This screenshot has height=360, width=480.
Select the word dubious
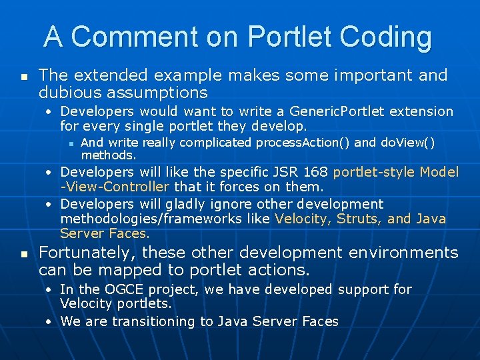coord(67,92)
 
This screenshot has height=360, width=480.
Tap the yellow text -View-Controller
coord(115,187)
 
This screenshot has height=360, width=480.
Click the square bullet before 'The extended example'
coord(23,77)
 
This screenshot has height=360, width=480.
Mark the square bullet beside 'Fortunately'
coord(23,254)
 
